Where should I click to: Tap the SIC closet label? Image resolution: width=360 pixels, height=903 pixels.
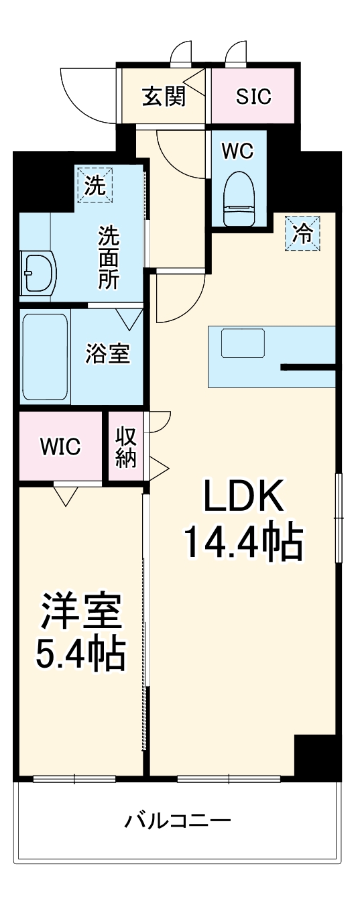tap(253, 97)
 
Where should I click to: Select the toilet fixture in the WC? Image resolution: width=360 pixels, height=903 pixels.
tap(238, 194)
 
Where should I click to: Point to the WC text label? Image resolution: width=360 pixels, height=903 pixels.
tap(238, 152)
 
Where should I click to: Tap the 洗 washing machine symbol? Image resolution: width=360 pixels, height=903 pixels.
tap(95, 184)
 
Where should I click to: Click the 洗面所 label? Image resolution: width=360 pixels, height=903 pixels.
tap(108, 257)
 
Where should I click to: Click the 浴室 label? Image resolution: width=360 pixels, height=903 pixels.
tap(107, 353)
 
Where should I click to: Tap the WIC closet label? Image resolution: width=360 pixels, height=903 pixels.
tap(60, 446)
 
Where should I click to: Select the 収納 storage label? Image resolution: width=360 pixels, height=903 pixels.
tap(126, 447)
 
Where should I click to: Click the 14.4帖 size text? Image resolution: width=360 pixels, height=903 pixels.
tap(243, 544)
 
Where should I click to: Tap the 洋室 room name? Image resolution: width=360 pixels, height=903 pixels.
tap(80, 612)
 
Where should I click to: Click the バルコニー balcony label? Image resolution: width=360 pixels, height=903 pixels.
tap(178, 819)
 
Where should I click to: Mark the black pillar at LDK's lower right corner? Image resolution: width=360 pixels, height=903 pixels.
tap(314, 757)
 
